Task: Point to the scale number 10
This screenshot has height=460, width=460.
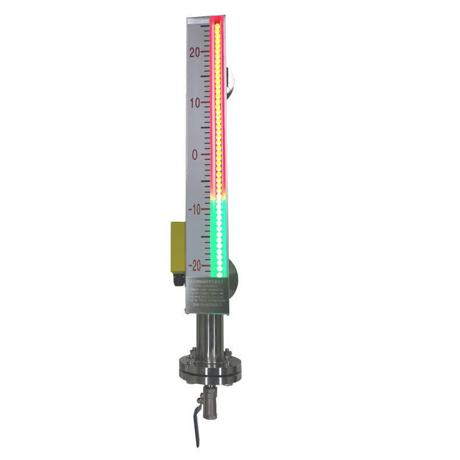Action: click(196, 102)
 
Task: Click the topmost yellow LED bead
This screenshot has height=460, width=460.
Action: click(217, 26)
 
